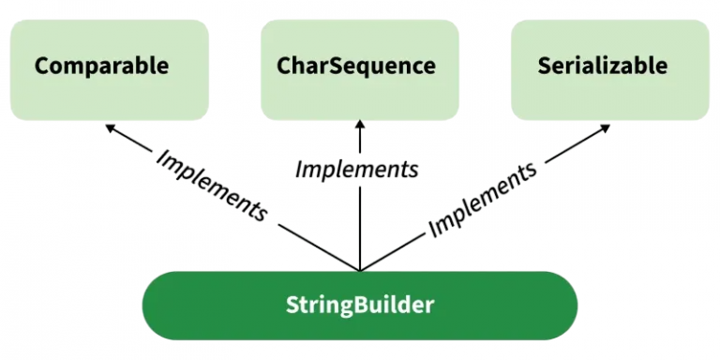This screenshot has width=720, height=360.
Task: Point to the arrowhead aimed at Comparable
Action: coord(110,127)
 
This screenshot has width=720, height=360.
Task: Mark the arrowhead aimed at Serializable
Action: coord(607,127)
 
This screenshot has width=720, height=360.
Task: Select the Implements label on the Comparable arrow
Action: coord(212,184)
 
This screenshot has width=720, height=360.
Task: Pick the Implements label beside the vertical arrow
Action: coord(356,169)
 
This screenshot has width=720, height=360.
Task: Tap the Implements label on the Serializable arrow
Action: coord(483,198)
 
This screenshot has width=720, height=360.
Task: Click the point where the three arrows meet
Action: coord(359,270)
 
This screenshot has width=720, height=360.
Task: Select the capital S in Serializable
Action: coord(545,67)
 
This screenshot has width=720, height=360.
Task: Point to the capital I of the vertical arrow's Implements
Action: coord(298,169)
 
